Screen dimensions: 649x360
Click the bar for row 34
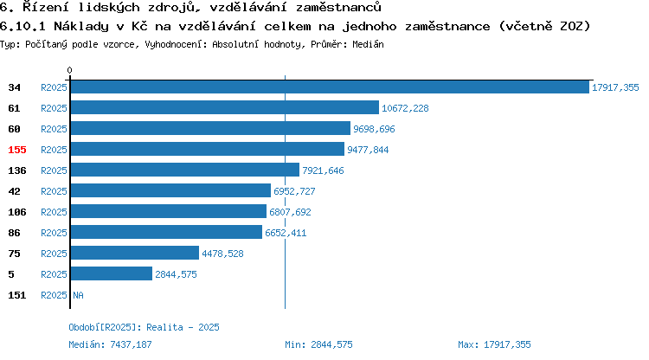330,87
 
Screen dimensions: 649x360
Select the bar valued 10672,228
225,107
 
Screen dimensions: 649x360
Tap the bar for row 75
135,253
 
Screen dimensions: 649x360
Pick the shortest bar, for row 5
112,273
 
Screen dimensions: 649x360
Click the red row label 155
17,150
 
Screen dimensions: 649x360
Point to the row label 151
17,295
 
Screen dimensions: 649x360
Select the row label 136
17,170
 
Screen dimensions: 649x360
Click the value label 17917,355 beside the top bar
615,87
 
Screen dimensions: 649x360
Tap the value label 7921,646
323,170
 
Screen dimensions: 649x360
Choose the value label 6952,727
294,191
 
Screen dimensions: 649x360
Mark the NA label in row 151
78,295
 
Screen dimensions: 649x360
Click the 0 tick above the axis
69,70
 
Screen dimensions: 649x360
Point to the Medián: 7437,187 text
110,344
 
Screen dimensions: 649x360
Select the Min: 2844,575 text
318,344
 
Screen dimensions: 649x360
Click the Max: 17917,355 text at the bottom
494,344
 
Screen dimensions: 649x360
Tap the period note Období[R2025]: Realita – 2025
144,327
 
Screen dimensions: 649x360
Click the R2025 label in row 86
54,233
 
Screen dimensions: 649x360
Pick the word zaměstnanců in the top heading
338,7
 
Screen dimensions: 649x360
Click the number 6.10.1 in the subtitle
22,26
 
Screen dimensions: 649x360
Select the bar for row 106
169,211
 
